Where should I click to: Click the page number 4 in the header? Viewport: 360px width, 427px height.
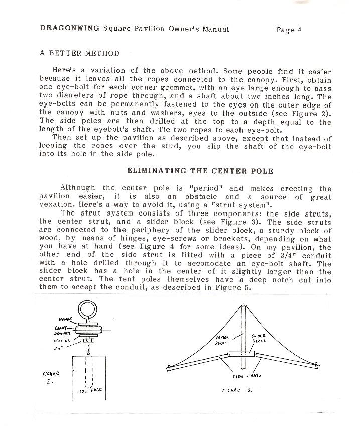299,30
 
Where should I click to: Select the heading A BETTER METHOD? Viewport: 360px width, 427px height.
79,53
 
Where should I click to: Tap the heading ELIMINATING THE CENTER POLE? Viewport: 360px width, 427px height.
200,171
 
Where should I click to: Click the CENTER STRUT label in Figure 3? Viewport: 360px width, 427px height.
222,340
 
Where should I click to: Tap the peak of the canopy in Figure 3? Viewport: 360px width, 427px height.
244,303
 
